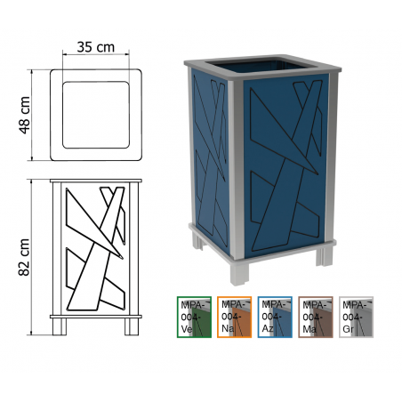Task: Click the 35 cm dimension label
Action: click(x=95, y=47)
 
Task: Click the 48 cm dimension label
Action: click(x=25, y=115)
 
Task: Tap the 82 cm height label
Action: click(x=24, y=257)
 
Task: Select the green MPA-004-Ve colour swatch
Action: click(x=194, y=317)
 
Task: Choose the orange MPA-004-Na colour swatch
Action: click(x=235, y=317)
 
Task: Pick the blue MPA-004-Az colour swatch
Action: click(x=275, y=317)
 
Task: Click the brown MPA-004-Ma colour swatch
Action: click(x=316, y=317)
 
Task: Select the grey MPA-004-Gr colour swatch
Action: click(x=356, y=317)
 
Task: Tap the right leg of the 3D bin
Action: click(x=324, y=255)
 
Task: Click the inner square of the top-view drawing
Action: click(x=96, y=115)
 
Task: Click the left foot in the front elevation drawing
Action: click(x=60, y=326)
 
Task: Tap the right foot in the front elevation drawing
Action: click(x=132, y=326)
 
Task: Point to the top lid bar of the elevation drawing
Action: click(x=96, y=181)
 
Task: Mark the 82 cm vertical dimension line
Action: click(x=31, y=257)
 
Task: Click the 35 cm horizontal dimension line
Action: click(x=96, y=54)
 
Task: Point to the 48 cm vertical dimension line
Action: click(x=31, y=115)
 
